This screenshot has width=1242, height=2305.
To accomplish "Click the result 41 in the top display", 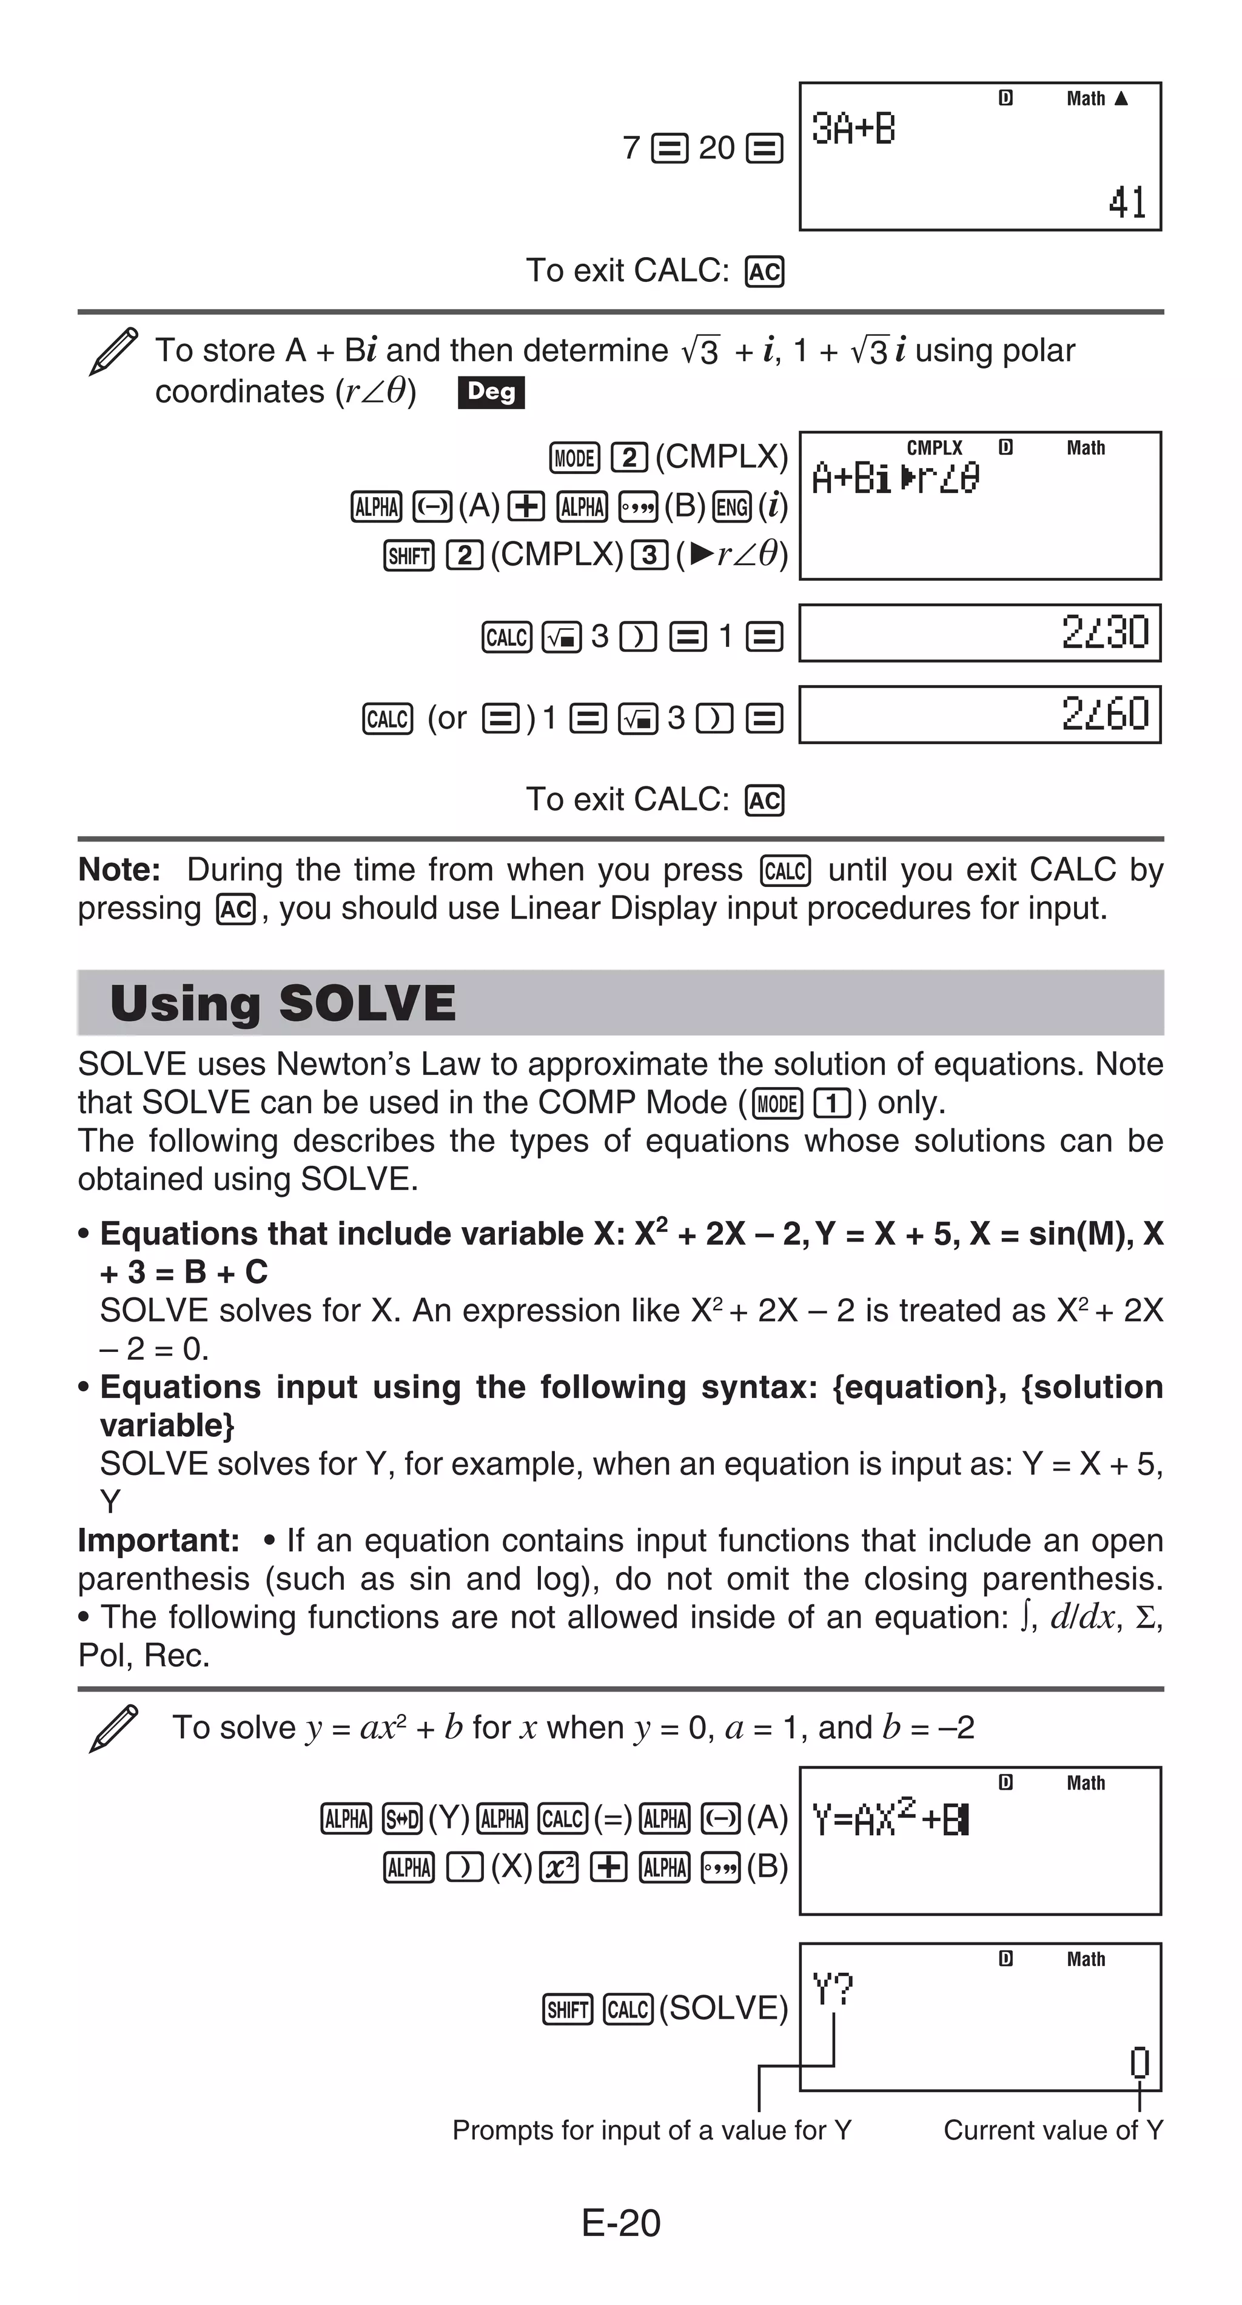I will (1127, 202).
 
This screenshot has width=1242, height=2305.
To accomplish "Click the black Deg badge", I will (491, 392).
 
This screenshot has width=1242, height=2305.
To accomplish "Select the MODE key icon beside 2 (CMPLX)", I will (574, 458).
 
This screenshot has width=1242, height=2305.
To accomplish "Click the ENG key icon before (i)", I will (732, 507).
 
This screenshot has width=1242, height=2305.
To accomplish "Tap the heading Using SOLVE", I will (283, 1003).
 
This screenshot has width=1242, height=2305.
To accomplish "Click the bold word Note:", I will (119, 870).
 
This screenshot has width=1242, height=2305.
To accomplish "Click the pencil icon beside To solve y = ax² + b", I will (113, 1728).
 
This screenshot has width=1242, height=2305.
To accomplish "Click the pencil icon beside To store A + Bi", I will (113, 351).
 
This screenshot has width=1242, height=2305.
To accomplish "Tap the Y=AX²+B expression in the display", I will (890, 1820).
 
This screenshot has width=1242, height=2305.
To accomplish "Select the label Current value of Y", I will (1053, 2130).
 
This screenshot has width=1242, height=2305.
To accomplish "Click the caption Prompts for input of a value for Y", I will (651, 2130).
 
